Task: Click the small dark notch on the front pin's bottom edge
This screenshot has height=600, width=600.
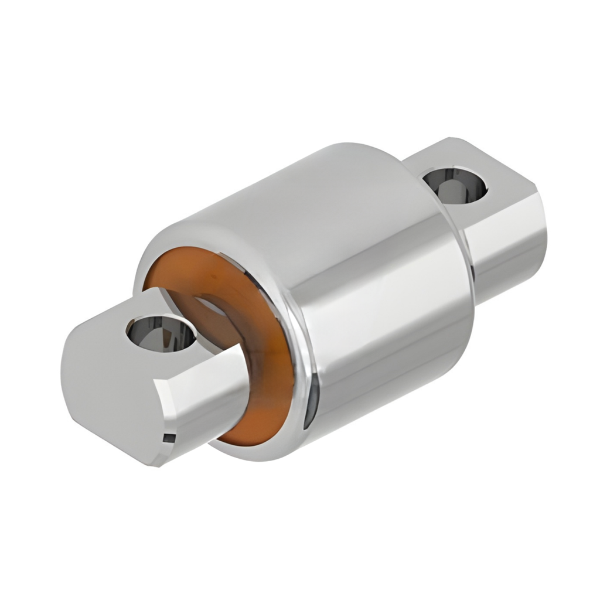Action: tap(168, 437)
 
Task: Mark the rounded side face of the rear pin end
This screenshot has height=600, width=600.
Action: tap(510, 246)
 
